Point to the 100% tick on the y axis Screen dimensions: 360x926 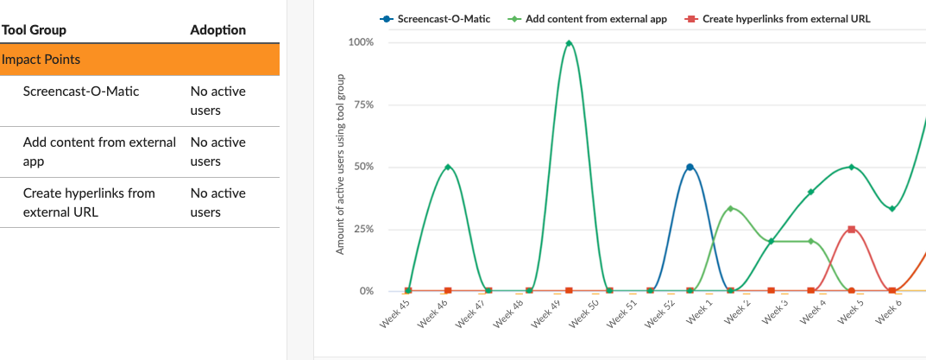pyautogui.click(x=361, y=42)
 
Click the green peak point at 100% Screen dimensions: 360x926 pyautogui.click(x=569, y=43)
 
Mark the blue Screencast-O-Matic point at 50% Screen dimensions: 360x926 pyautogui.click(x=690, y=167)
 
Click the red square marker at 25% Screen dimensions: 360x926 pyautogui.click(x=852, y=229)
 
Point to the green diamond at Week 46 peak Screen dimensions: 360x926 pyautogui.click(x=447, y=167)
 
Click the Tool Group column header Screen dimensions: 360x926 pyautogui.click(x=35, y=30)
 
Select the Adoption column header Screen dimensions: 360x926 pyautogui.click(x=217, y=30)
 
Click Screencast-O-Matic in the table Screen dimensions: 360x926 pyautogui.click(x=81, y=91)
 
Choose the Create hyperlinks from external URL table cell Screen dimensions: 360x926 pyautogui.click(x=89, y=202)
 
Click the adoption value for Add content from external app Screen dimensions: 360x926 pyautogui.click(x=217, y=151)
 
